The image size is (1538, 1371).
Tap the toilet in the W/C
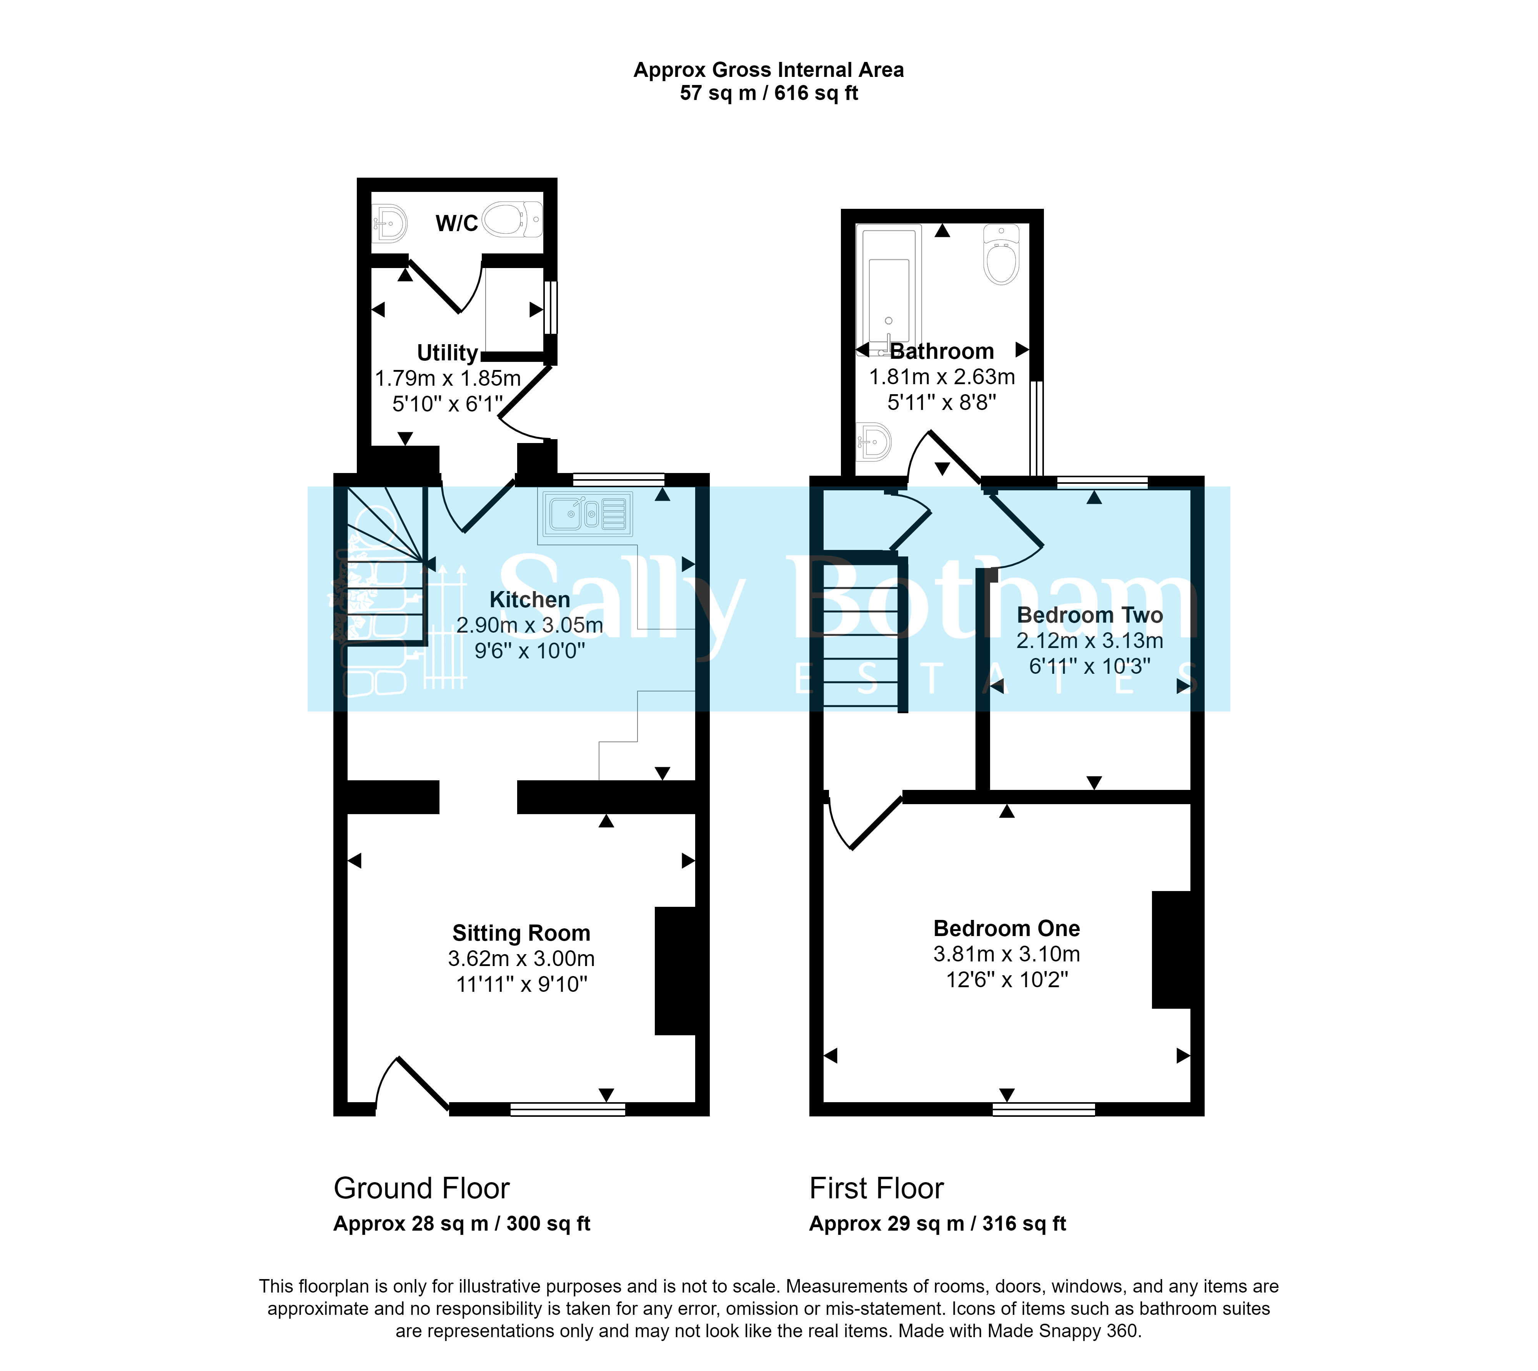512,219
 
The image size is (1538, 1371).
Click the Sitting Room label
521,933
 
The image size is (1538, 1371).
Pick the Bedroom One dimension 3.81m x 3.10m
1007,955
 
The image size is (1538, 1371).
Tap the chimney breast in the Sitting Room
676,971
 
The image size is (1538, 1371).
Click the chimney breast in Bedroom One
1172,950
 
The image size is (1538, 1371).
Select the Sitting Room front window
568,1109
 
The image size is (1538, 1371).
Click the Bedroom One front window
1044,1109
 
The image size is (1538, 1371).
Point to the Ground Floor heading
422,1189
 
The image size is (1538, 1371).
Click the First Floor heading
877,1189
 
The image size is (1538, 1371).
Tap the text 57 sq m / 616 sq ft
769,93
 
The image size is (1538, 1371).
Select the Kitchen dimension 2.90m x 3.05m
530,625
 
